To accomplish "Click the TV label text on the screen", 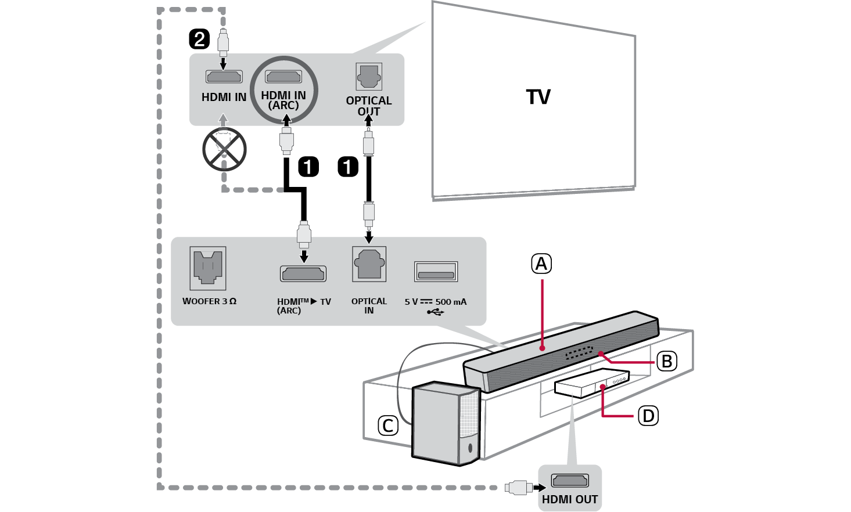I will click(x=538, y=97).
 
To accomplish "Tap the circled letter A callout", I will click(x=541, y=264).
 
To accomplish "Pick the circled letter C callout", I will click(x=388, y=426).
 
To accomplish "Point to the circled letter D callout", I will click(x=648, y=416).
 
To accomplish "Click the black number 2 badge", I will click(x=199, y=39).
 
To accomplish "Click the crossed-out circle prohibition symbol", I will click(x=224, y=149).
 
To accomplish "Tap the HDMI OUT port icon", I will click(x=569, y=481).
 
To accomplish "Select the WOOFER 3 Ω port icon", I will click(x=208, y=268).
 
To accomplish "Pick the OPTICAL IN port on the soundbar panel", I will click(x=369, y=265).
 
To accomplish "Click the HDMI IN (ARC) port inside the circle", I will click(x=283, y=76).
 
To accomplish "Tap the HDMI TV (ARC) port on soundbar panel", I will click(x=303, y=273).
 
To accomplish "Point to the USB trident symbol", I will click(x=436, y=312).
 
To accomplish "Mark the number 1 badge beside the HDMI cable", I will click(x=308, y=167).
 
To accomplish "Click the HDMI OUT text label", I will click(x=569, y=499).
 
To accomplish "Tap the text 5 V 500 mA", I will click(x=436, y=302).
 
